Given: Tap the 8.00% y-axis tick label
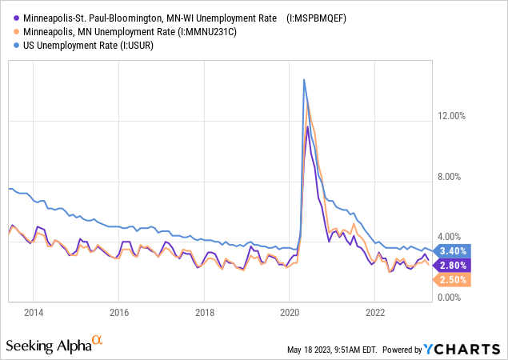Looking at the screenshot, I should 452,177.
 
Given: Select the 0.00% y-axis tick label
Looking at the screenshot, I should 452,298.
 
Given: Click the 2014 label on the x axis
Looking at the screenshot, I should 34,312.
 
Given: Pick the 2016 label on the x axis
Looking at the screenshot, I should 119,312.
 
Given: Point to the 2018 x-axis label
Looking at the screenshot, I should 205,312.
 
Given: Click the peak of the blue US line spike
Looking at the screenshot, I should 304,79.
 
